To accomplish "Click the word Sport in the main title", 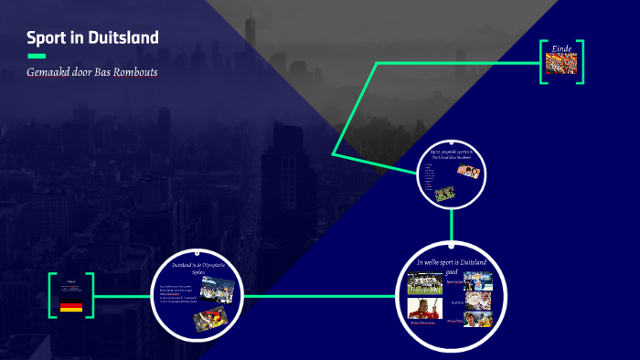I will tap(45, 38).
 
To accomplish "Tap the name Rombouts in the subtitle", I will tap(137, 72).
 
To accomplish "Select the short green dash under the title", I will tap(36, 56).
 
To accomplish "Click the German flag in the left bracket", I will tap(71, 306).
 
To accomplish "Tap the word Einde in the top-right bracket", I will tap(561, 48).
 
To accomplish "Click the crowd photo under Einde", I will tap(561, 64).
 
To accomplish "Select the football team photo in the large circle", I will tap(424, 282).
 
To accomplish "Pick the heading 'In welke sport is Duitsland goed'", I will tap(451, 266).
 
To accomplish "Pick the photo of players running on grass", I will tap(445, 194).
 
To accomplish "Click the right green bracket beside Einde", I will tap(581, 62).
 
